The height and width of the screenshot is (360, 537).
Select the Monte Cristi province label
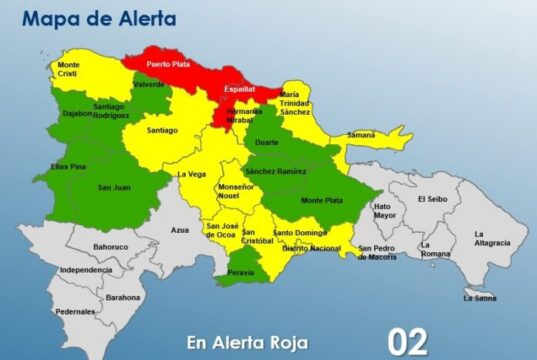tap(69, 70)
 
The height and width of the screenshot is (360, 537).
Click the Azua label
tap(180, 230)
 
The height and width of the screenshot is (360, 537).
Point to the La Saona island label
tap(479, 296)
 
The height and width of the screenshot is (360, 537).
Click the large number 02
tap(411, 340)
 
